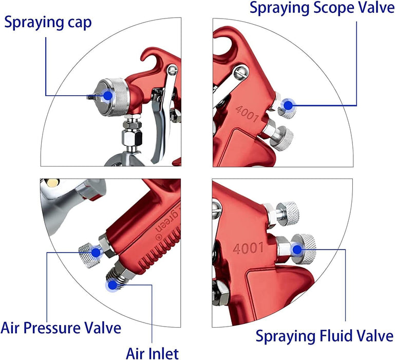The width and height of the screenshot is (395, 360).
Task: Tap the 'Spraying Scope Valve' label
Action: tap(318, 8)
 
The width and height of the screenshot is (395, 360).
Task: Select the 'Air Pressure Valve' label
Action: tap(61, 328)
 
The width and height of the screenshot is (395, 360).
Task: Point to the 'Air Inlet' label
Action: tap(153, 352)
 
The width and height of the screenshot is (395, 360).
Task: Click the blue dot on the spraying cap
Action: tap(107, 95)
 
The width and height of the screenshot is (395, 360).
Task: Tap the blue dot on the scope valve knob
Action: tap(288, 105)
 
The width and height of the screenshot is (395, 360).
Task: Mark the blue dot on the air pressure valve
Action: tap(96, 252)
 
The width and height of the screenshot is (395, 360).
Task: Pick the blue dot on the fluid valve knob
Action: tap(297, 250)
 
